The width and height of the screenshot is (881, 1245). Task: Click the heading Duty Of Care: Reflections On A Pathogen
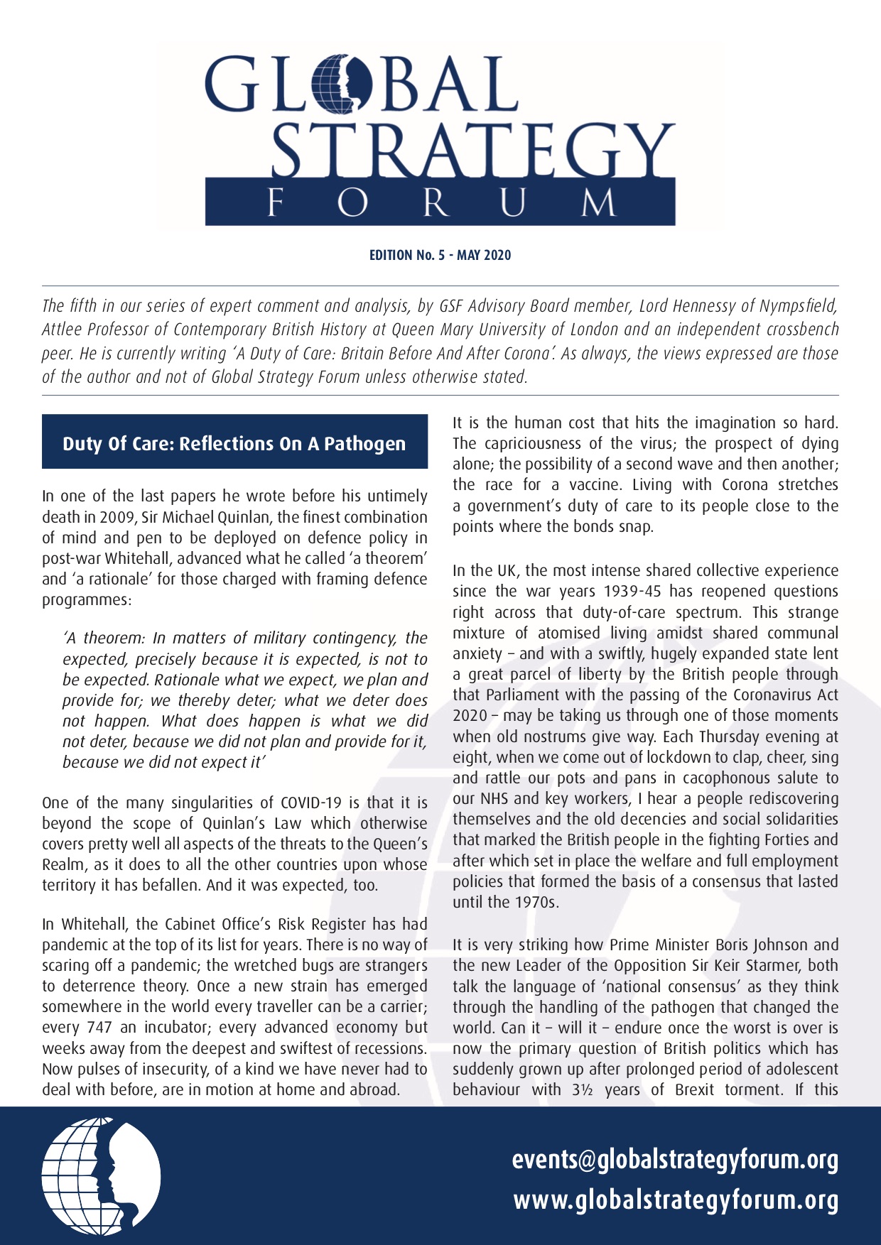234,444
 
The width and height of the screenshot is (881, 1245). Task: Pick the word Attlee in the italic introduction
60,330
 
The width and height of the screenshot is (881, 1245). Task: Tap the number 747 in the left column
99,1028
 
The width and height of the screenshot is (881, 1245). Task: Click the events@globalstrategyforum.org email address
675,1160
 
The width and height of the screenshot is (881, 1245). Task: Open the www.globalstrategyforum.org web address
676,1200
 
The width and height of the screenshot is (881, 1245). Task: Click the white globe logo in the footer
102,1176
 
